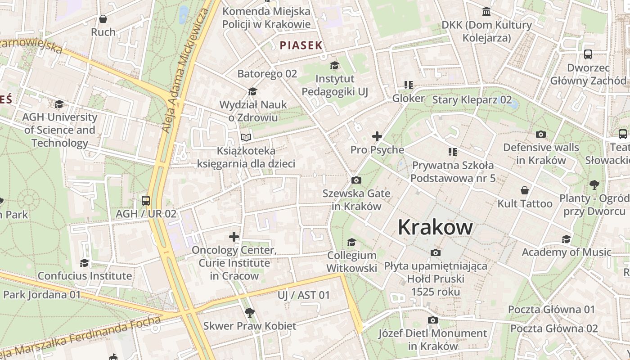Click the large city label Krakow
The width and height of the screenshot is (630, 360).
(x=435, y=227)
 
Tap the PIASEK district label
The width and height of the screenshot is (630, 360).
(x=301, y=45)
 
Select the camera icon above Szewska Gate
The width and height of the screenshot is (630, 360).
(x=356, y=180)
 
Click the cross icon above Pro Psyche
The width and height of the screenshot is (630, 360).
(x=377, y=136)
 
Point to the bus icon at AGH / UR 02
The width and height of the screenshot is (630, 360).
(x=146, y=201)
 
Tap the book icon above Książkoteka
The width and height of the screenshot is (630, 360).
(x=245, y=137)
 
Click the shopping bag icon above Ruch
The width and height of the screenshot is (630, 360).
(x=103, y=19)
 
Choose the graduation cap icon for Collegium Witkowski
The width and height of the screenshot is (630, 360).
(x=351, y=243)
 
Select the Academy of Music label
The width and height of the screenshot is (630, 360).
(x=566, y=252)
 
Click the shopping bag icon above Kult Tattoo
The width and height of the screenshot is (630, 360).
(x=524, y=190)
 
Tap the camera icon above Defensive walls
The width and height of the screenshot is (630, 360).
(x=541, y=134)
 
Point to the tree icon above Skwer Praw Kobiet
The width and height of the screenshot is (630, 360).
(x=249, y=312)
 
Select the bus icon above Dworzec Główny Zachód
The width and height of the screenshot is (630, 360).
(x=588, y=54)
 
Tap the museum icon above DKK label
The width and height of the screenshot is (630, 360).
(x=486, y=11)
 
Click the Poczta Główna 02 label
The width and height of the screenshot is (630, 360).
(x=553, y=328)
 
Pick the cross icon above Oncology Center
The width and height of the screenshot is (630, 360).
(x=234, y=236)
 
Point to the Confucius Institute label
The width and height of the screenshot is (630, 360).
(x=85, y=275)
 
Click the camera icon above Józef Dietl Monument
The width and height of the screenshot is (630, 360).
(x=432, y=320)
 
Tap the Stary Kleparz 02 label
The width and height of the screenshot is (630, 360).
(x=472, y=99)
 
